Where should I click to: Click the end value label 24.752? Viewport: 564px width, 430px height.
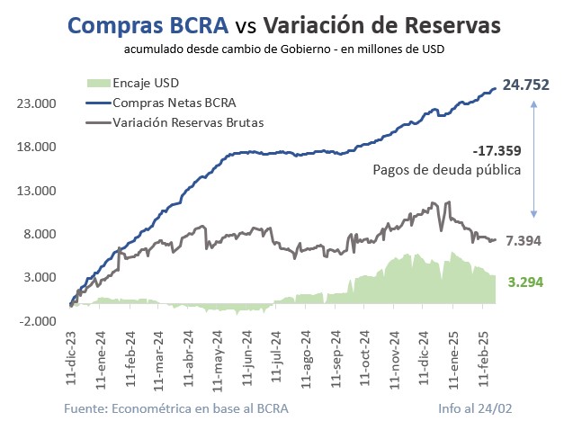point(526,85)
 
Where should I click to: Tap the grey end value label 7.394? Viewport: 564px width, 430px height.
point(524,241)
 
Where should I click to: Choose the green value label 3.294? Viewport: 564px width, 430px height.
point(525,282)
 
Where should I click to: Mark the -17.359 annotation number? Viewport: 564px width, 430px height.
point(497,150)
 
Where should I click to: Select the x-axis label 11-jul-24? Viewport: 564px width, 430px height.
point(277,359)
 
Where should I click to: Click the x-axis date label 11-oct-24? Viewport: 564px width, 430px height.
point(364,359)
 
